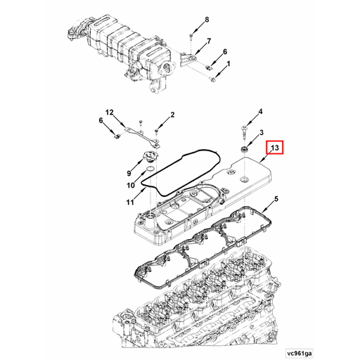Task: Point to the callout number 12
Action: click(109, 112)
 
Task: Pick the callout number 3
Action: click(262, 133)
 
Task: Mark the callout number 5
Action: click(276, 200)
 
